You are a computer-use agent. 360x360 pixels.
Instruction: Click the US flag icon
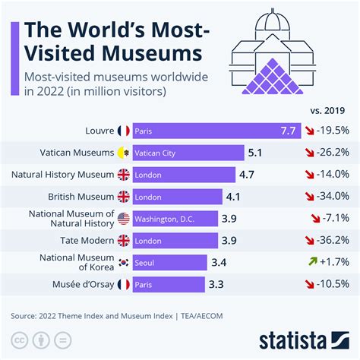pyautogui.click(x=124, y=219)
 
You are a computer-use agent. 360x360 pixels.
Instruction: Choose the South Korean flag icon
pyautogui.click(x=124, y=263)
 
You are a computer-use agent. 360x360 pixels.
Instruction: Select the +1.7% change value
pyautogui.click(x=335, y=263)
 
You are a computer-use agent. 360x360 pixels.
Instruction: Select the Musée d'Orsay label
pyautogui.click(x=78, y=285)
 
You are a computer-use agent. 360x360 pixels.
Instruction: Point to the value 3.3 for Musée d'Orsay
pyautogui.click(x=216, y=285)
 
